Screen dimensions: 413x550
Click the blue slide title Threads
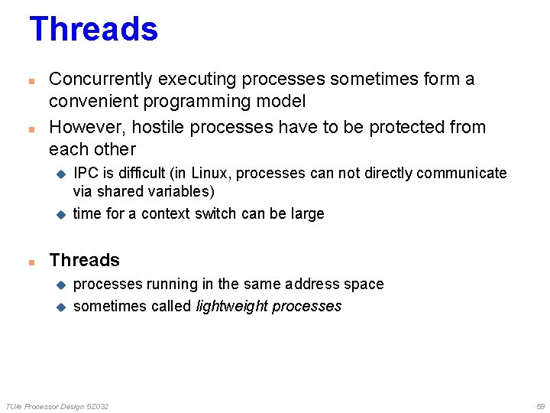[x=93, y=30]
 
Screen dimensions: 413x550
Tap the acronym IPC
[x=85, y=174]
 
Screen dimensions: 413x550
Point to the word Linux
[x=211, y=174]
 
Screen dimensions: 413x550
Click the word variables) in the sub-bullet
[x=183, y=191]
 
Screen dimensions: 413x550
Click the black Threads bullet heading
[x=84, y=260]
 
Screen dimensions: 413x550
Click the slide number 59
[x=540, y=406]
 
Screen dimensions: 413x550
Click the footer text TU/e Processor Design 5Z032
[x=57, y=406]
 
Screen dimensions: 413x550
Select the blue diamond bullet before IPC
[x=62, y=174]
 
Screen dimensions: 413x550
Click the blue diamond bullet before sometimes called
[x=62, y=307]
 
